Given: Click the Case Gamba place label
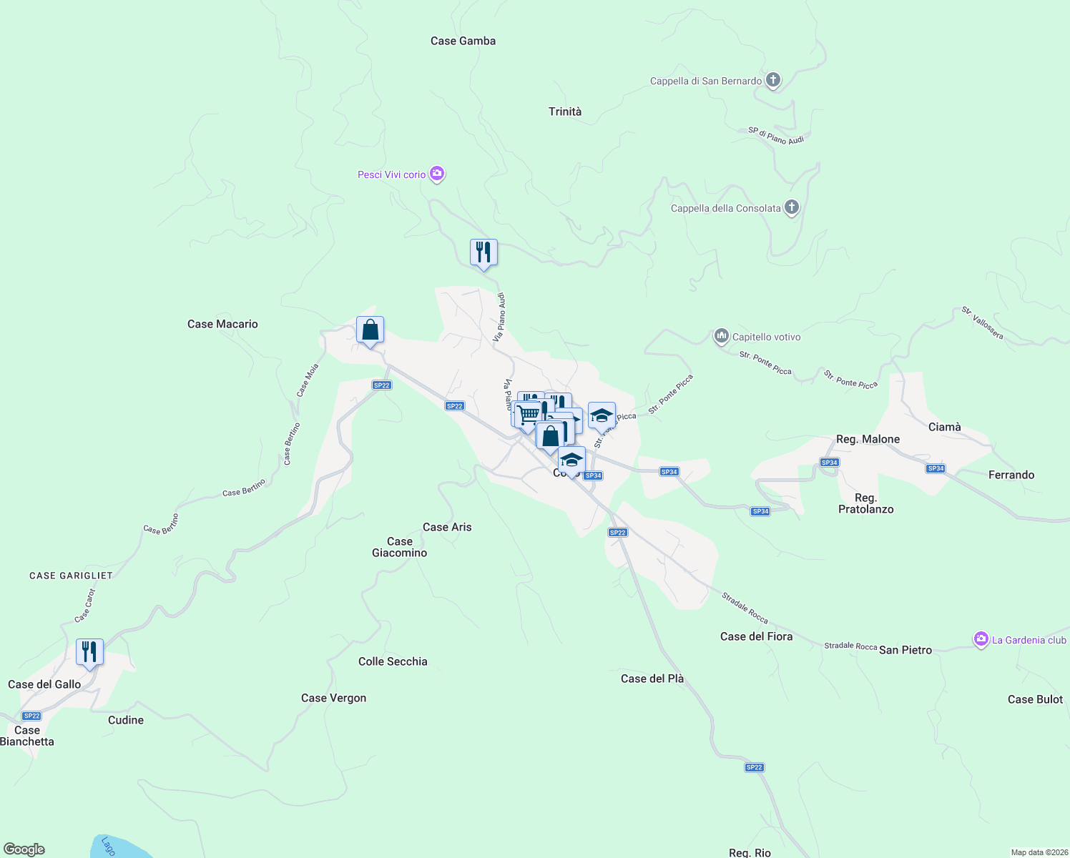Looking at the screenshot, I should pyautogui.click(x=463, y=41).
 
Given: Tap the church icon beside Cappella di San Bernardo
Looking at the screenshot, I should pyautogui.click(x=773, y=80).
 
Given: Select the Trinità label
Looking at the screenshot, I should pyautogui.click(x=565, y=112).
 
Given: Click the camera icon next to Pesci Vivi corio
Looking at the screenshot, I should pyautogui.click(x=437, y=174).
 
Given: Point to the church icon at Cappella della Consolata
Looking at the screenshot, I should pyautogui.click(x=792, y=207).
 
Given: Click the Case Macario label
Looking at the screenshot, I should pyautogui.click(x=222, y=324).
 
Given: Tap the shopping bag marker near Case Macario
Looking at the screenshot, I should pyautogui.click(x=370, y=330).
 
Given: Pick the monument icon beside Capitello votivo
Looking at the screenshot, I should pyautogui.click(x=721, y=336).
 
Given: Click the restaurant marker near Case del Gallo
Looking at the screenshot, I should pyautogui.click(x=89, y=652).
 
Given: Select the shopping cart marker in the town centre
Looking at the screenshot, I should pyautogui.click(x=528, y=414).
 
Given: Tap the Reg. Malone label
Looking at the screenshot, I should pyautogui.click(x=868, y=439).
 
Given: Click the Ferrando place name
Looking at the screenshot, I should pyautogui.click(x=1011, y=475).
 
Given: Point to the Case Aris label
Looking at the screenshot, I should pyautogui.click(x=447, y=527).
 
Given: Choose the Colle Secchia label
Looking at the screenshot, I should pyautogui.click(x=393, y=661).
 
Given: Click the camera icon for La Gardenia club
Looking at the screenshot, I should pyautogui.click(x=981, y=639).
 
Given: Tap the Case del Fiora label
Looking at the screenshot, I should pyautogui.click(x=756, y=636).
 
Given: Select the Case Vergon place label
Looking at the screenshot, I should pyautogui.click(x=333, y=698).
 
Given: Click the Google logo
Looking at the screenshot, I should pyautogui.click(x=24, y=849).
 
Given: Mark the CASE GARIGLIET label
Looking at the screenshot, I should pyautogui.click(x=71, y=576).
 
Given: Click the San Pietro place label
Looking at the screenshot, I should pyautogui.click(x=905, y=650).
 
